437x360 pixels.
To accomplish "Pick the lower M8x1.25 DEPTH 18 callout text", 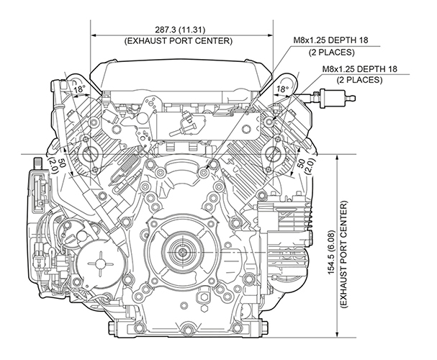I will click(x=364, y=69).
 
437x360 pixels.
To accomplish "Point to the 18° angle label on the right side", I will click(x=283, y=90).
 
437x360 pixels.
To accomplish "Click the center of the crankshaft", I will click(x=181, y=253).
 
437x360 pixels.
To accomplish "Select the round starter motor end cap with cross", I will click(x=96, y=264).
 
